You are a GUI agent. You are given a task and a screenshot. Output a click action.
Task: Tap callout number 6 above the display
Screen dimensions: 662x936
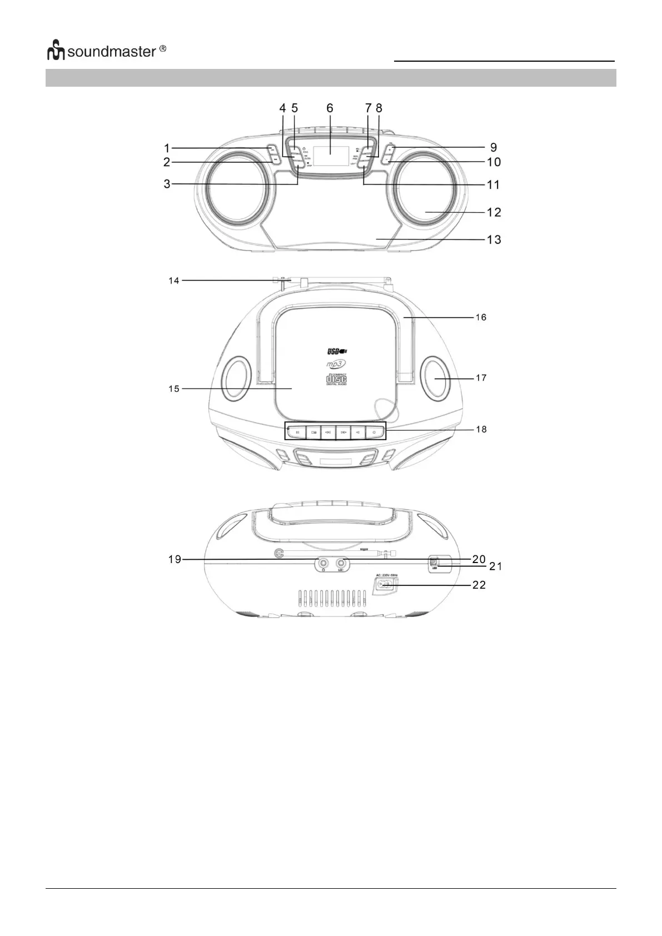(330, 107)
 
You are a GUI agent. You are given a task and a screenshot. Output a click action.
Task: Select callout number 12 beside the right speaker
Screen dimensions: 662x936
(494, 212)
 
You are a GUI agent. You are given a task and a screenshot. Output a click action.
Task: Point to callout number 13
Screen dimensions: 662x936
(494, 240)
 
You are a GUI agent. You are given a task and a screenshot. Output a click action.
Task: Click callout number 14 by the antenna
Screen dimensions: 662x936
(174, 281)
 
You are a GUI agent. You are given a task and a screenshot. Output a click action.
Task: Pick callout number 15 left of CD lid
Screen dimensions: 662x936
(174, 389)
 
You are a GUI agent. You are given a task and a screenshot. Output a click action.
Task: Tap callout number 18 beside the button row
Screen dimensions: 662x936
(481, 429)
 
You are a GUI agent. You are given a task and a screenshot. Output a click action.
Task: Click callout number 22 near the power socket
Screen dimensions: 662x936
(479, 585)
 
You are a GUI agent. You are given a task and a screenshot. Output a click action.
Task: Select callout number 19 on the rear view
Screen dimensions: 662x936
(175, 559)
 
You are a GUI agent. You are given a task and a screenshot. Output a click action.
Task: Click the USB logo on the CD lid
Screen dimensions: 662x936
(337, 351)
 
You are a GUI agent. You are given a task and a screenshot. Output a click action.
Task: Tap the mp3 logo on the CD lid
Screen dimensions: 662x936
(336, 364)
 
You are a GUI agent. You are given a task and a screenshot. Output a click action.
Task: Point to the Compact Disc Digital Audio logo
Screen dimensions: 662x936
(336, 379)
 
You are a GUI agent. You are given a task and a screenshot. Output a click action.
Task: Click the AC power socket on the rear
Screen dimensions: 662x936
(385, 585)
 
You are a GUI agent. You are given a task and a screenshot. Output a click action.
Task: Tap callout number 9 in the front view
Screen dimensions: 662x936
(493, 148)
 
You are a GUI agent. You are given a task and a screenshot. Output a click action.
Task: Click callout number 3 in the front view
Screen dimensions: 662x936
(167, 184)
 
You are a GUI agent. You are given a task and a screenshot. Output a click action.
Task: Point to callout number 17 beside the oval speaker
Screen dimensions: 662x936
(481, 378)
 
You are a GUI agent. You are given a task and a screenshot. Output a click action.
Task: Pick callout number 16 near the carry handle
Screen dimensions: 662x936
(481, 317)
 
